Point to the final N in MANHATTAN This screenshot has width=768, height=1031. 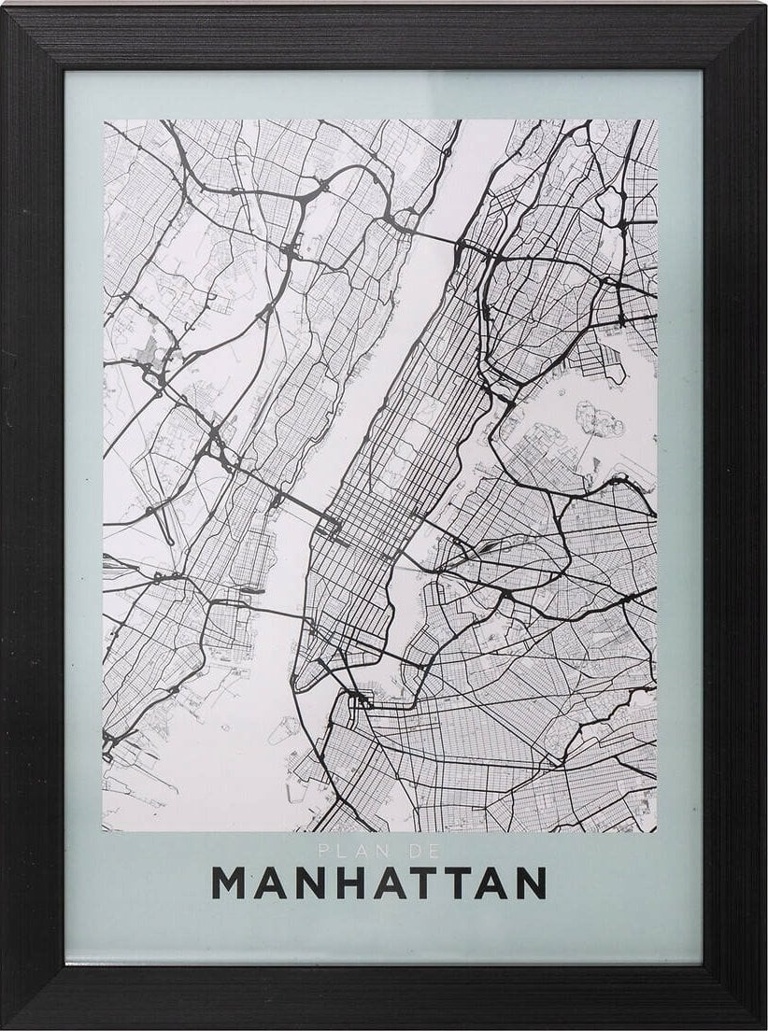tap(529, 883)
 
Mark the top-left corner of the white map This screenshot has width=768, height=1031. tap(104, 120)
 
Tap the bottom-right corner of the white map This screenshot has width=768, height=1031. tap(656, 831)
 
